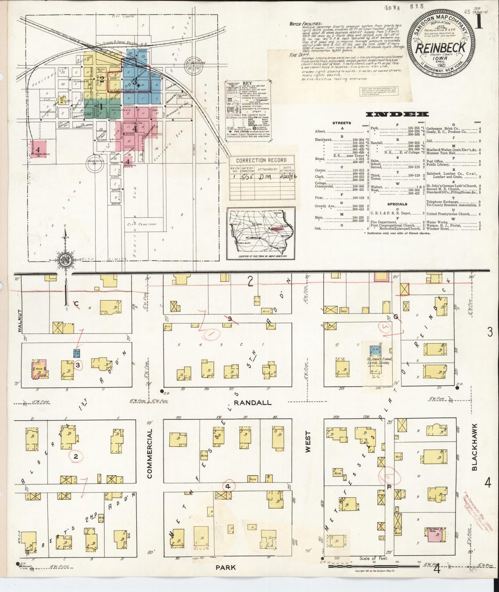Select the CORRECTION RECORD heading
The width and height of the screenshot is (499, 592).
[261, 160]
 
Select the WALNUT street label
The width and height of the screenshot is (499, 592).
[19, 321]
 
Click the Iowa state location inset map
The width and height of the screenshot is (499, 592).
[261, 233]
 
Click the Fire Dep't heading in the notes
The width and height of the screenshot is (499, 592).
[297, 55]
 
